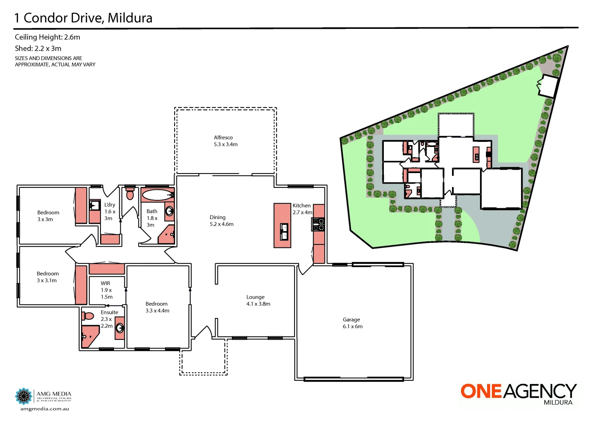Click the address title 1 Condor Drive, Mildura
click(83, 18)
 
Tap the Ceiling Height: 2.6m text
click(47, 37)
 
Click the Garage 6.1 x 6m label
click(352, 323)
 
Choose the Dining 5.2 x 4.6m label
click(221, 221)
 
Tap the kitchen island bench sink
click(284, 232)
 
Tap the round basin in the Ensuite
click(120, 328)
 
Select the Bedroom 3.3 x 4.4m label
click(157, 307)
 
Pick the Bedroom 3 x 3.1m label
click(47, 277)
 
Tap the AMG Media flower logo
click(23, 396)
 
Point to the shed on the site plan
click(548, 86)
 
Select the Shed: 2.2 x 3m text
click(38, 48)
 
